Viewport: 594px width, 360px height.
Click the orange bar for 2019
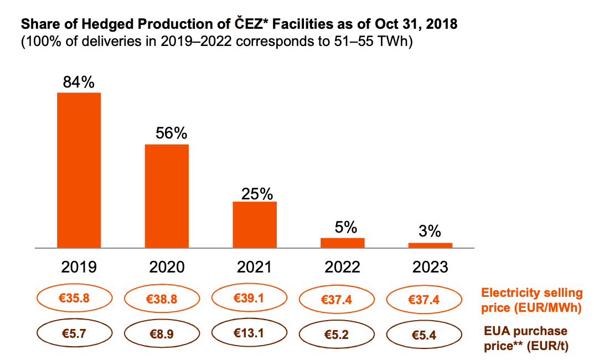(x=79, y=170)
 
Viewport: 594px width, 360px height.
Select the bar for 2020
(x=167, y=196)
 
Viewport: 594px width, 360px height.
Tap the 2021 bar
(x=255, y=224)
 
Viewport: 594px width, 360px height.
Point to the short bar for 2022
(x=343, y=243)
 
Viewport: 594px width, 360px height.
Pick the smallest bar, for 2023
(x=430, y=245)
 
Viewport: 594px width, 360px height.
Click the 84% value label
(x=79, y=83)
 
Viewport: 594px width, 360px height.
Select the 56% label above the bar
(x=171, y=134)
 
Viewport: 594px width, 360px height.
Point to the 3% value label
(x=429, y=232)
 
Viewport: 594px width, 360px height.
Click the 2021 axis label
(x=255, y=268)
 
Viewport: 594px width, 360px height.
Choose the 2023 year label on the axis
(x=430, y=268)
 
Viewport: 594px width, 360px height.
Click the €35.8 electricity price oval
(x=74, y=299)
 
